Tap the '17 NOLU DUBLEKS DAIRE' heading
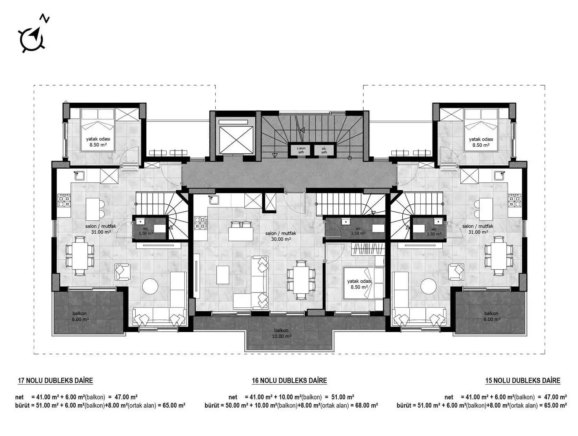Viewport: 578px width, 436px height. click(x=55, y=380)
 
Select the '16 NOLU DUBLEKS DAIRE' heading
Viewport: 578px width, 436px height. click(x=289, y=380)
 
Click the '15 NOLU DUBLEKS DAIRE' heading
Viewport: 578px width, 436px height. click(x=522, y=380)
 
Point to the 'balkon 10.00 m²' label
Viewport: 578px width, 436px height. click(x=282, y=333)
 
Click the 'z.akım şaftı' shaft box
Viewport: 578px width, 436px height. click(x=301, y=150)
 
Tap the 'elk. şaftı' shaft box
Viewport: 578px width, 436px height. click(x=324, y=150)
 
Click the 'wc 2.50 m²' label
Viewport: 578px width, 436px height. click(x=358, y=231)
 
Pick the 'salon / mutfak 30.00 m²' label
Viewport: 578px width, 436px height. click(x=280, y=236)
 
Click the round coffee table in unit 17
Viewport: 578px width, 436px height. click(x=150, y=286)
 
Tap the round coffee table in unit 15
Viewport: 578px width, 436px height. click(x=428, y=286)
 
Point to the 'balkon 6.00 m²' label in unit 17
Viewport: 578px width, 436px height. click(x=80, y=316)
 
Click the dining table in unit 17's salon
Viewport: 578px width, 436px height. click(x=80, y=255)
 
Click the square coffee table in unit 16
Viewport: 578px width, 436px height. click(x=223, y=275)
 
